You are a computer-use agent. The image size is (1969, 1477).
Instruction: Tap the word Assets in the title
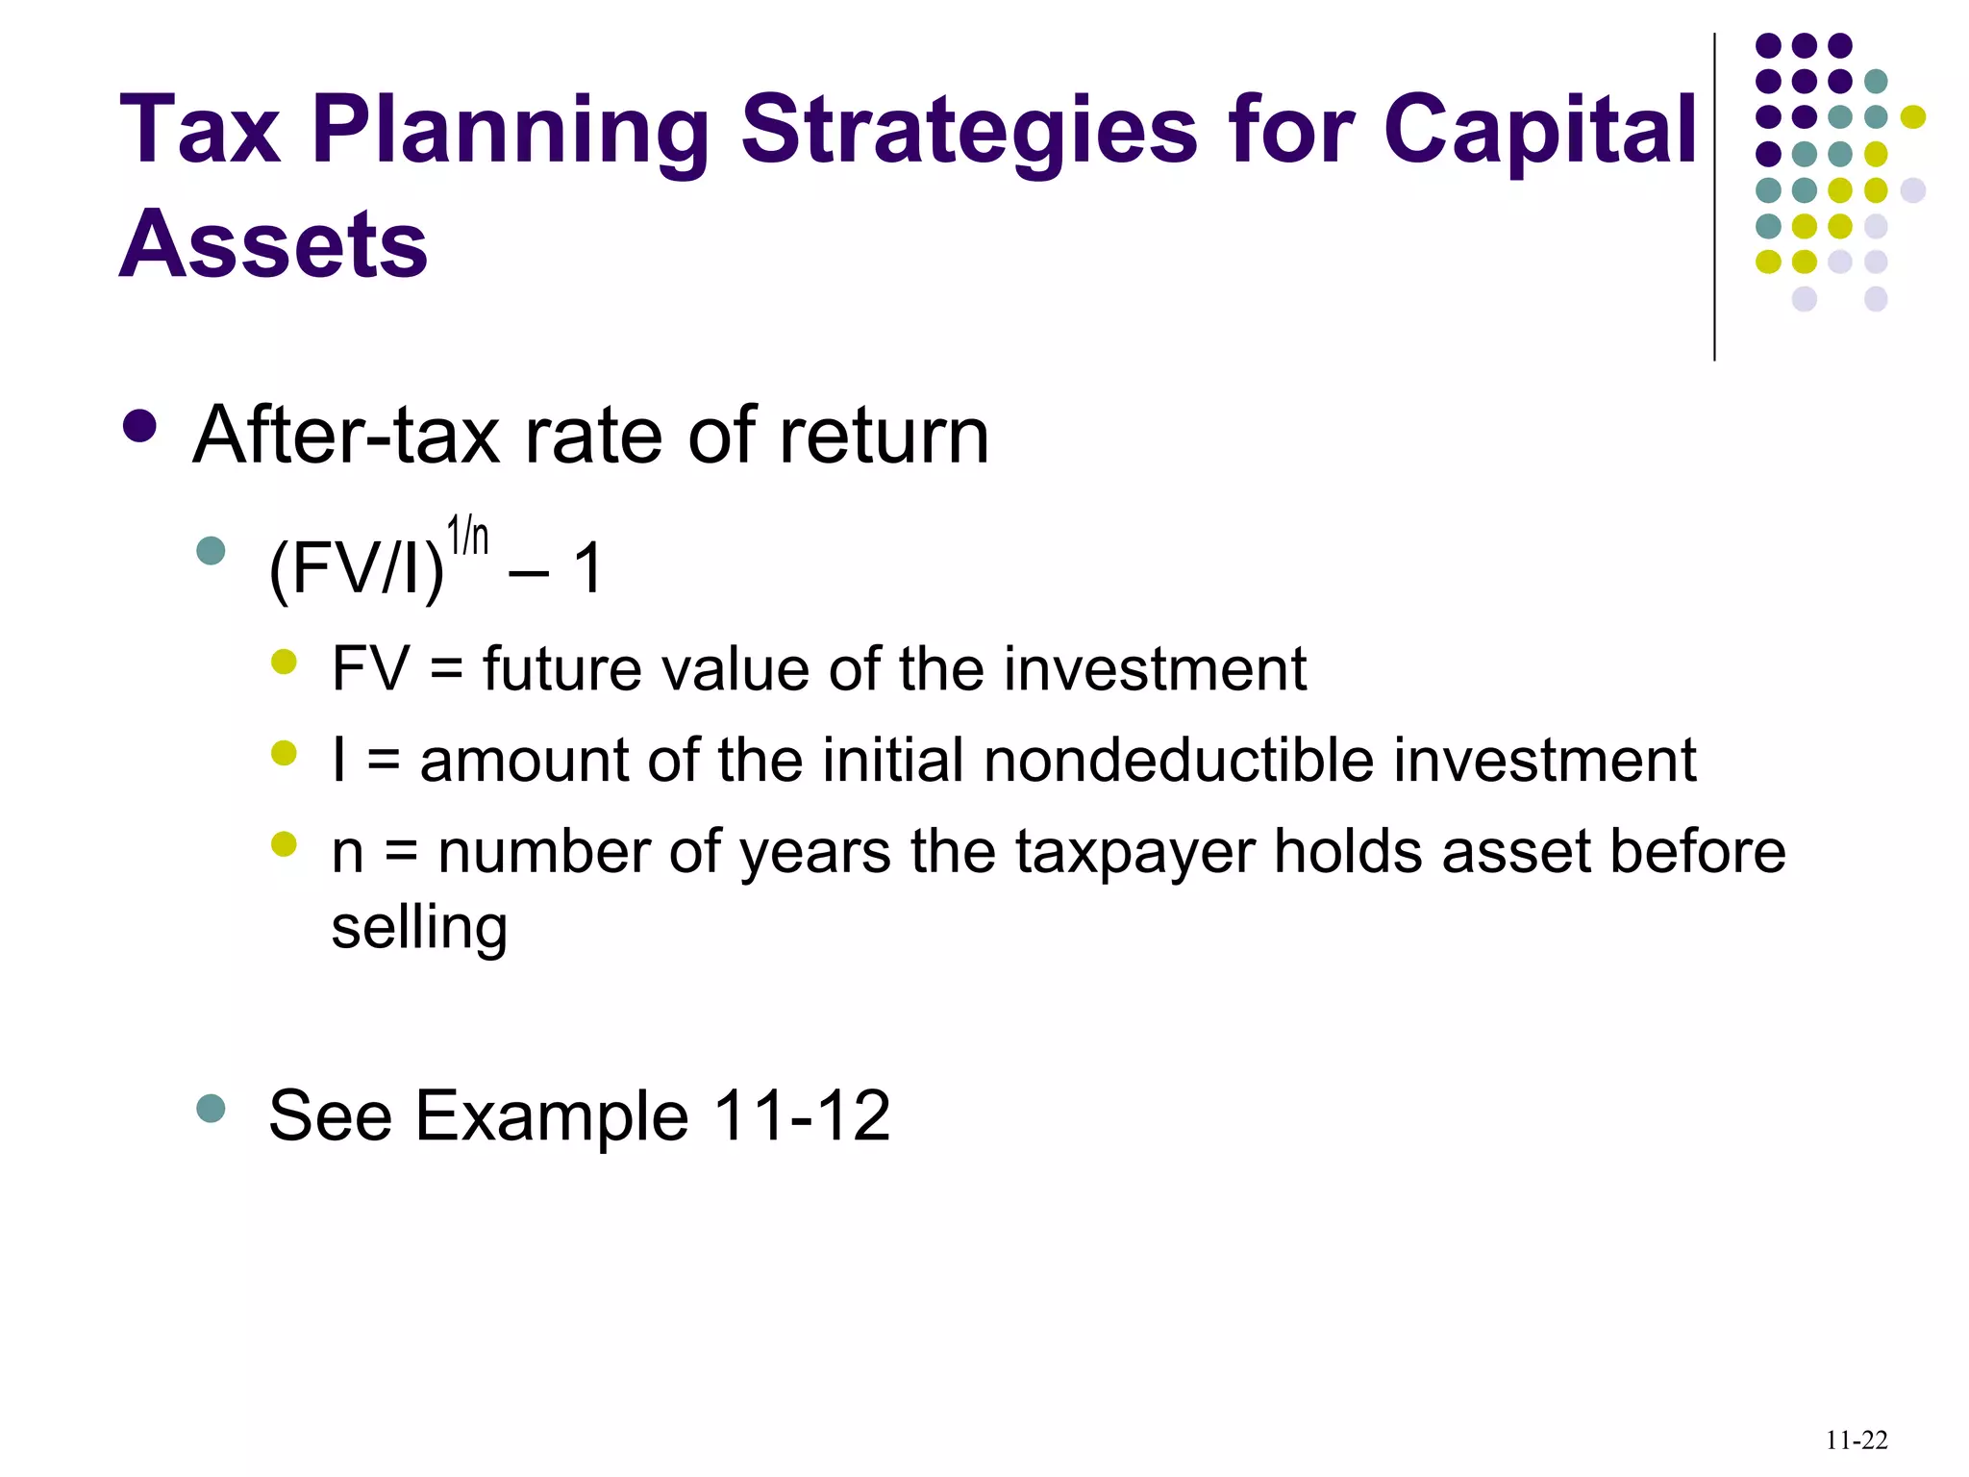273,245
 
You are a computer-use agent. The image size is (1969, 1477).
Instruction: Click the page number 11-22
1856,1440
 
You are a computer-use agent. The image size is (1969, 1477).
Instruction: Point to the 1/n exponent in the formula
468,537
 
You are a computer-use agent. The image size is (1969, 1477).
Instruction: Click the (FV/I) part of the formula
357,569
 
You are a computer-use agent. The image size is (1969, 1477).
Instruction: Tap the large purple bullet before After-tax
140,427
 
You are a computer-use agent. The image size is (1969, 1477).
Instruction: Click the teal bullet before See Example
211,1109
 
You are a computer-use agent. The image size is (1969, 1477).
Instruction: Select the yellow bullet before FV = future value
284,662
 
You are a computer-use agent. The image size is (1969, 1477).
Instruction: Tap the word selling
419,927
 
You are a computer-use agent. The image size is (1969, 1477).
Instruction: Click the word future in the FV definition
561,669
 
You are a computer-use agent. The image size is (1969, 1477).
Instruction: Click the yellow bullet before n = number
284,844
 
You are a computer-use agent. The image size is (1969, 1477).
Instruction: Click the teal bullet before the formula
211,551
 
